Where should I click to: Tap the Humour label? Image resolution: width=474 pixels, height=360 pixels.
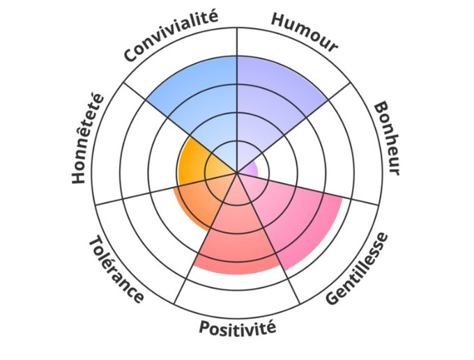coord(304,32)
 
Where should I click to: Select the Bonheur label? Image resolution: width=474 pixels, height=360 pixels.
coord(386,139)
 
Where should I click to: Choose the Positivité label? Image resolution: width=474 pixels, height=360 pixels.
coord(238,327)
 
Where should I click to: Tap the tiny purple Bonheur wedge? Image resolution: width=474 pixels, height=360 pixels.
coord(251,169)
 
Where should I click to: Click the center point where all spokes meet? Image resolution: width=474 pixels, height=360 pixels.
coord(238,172)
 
